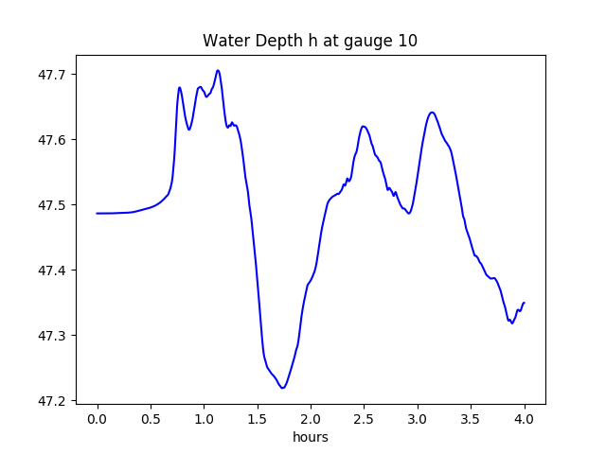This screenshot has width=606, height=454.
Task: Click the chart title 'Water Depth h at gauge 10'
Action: pyautogui.click(x=310, y=42)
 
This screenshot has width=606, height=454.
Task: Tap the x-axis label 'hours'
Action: pyautogui.click(x=310, y=437)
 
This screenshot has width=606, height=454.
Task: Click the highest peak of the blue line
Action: pyautogui.click(x=218, y=70)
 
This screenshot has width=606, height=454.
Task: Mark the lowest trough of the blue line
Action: pyautogui.click(x=282, y=388)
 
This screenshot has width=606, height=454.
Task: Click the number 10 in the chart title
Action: pyautogui.click(x=407, y=42)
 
